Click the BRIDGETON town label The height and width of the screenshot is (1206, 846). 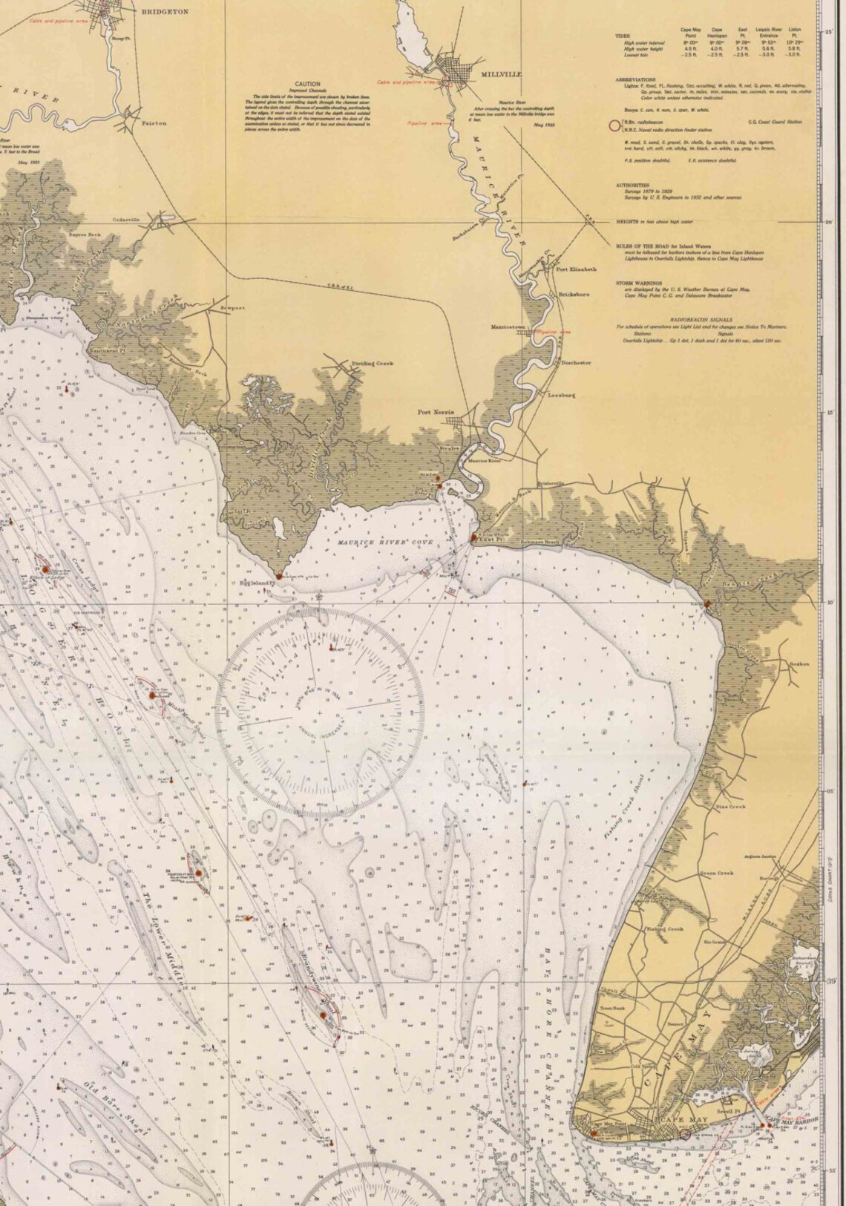[165, 12]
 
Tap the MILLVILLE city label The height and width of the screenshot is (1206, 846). [501, 75]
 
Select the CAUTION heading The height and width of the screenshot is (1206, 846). [307, 85]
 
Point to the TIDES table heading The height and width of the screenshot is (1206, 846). [622, 35]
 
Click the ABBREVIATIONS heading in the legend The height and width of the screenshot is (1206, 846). [635, 79]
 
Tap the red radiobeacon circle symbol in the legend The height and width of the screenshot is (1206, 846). [613, 126]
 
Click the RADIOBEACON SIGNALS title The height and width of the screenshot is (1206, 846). [690, 319]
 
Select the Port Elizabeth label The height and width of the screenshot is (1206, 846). [576, 269]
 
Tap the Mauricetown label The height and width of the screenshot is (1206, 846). [508, 327]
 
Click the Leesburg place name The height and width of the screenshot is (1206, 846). [561, 396]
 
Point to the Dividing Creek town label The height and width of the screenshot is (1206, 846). [373, 364]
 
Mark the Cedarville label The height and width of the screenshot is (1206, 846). [126, 220]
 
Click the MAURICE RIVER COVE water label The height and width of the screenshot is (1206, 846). [384, 543]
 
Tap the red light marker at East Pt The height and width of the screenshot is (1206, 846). [474, 537]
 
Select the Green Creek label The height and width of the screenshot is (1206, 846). [717, 874]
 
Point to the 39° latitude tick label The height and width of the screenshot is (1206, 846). [830, 980]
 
